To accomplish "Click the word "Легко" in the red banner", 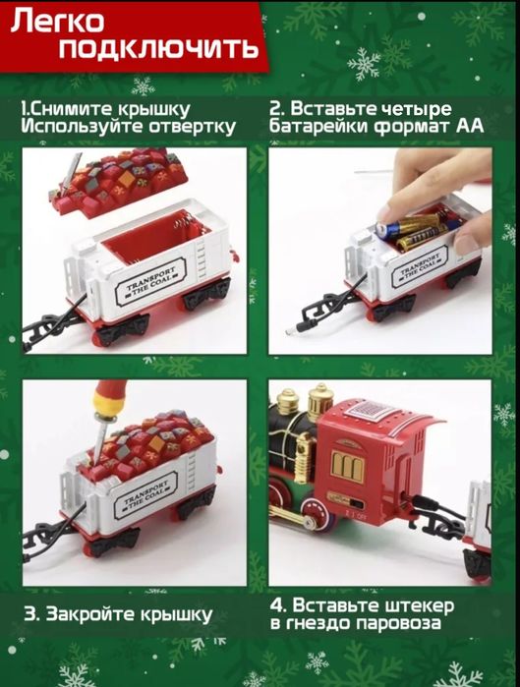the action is pyautogui.click(x=58, y=21).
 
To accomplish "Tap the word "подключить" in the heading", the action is pyautogui.click(x=158, y=48).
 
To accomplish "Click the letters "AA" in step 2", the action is pyautogui.click(x=470, y=126).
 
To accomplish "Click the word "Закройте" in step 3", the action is pyautogui.click(x=90, y=613).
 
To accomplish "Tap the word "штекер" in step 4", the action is pyautogui.click(x=420, y=606).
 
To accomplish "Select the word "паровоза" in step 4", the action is pyautogui.click(x=398, y=623).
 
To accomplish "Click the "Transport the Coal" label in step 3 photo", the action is pyautogui.click(x=146, y=493).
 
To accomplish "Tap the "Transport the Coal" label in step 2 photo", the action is pyautogui.click(x=421, y=267).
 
